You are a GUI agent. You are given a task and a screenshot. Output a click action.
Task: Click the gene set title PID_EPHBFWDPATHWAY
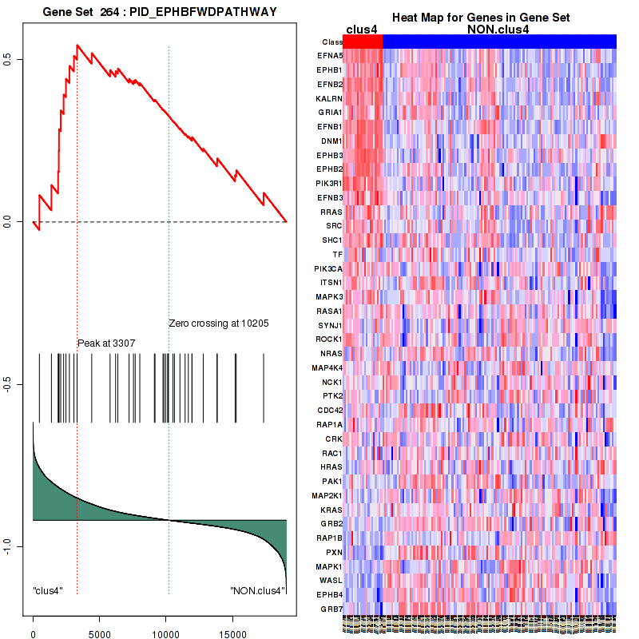pyautogui.click(x=160, y=10)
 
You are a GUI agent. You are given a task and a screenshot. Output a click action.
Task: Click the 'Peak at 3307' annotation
pyautogui.click(x=106, y=343)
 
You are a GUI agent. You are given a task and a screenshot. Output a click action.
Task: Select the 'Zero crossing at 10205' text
pyautogui.click(x=219, y=324)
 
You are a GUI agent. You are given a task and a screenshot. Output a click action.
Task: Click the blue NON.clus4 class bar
pyautogui.click(x=499, y=42)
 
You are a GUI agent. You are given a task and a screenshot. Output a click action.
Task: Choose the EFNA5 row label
pyautogui.click(x=329, y=56)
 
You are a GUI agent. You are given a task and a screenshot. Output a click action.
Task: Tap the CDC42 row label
pyautogui.click(x=329, y=411)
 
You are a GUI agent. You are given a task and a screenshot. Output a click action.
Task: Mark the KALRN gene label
pyautogui.click(x=329, y=98)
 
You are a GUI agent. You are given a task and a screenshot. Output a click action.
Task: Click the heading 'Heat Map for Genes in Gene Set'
pyautogui.click(x=480, y=18)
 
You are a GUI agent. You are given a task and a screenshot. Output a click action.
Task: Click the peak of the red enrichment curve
pyautogui.click(x=77, y=46)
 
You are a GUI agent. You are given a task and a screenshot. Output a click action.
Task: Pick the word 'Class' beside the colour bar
pyautogui.click(x=332, y=42)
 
